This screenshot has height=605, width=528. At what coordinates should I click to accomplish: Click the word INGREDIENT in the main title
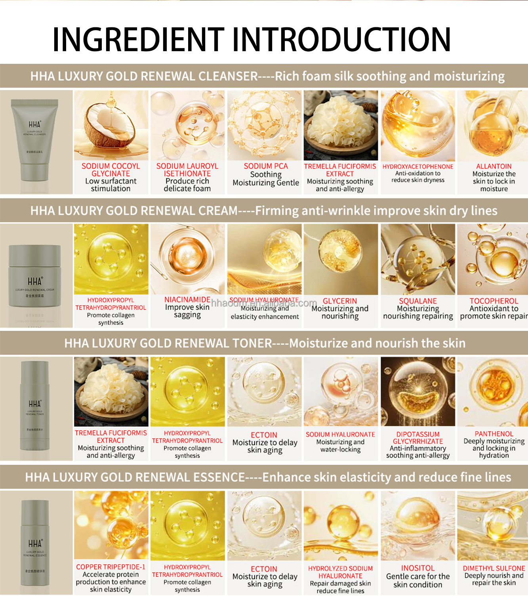point(138,40)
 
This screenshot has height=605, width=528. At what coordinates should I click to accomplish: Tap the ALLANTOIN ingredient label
point(494,166)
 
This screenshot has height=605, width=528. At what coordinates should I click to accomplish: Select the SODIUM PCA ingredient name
point(266,166)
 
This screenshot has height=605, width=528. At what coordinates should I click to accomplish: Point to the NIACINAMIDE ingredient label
point(187,300)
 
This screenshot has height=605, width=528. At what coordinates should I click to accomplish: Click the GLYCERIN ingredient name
point(340,301)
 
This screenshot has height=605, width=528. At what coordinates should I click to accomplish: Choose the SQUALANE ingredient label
point(418,301)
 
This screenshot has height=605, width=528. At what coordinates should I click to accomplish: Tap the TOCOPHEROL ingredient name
point(494,301)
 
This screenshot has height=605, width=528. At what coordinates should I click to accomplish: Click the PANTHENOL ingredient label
point(494,434)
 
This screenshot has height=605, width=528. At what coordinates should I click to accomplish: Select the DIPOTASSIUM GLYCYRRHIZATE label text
point(418,438)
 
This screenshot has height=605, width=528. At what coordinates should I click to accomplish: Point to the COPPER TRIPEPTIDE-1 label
point(111,567)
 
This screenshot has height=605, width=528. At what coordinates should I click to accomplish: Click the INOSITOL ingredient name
point(418,568)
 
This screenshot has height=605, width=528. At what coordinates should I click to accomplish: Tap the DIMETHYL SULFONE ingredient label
point(494,568)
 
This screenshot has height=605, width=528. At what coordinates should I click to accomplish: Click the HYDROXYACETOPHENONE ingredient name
point(418,167)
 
